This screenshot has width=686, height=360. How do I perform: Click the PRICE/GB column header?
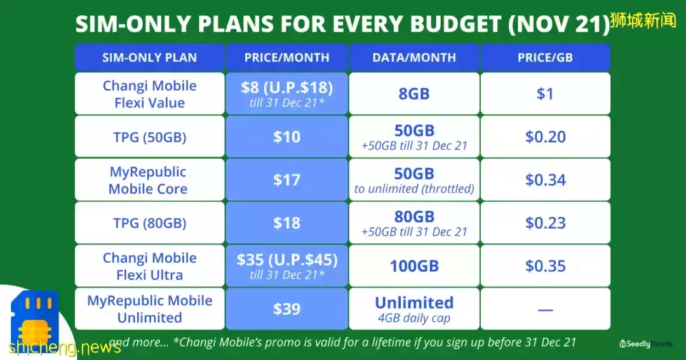pyautogui.click(x=545, y=57)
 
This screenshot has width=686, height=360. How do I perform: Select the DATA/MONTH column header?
pyautogui.click(x=414, y=57)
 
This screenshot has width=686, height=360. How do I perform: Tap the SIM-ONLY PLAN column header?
pyautogui.click(x=150, y=57)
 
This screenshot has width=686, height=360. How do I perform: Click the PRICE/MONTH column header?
pyautogui.click(x=286, y=57)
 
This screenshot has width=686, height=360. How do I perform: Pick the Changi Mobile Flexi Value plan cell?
pyautogui.click(x=150, y=94)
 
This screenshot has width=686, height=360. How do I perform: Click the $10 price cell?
pyautogui.click(x=286, y=137)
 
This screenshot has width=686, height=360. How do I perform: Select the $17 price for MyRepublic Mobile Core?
pyautogui.click(x=286, y=180)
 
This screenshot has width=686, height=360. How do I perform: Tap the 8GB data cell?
pyautogui.click(x=414, y=94)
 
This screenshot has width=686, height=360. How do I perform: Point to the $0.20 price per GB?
pyautogui.click(x=545, y=137)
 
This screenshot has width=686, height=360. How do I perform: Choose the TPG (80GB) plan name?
pyautogui.click(x=150, y=223)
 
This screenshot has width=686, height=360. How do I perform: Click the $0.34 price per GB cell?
pyautogui.click(x=545, y=180)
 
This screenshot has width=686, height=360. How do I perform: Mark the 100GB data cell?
pyautogui.click(x=414, y=266)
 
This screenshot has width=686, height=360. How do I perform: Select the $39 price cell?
pyautogui.click(x=286, y=309)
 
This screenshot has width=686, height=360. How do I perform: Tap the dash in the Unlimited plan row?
pyautogui.click(x=545, y=310)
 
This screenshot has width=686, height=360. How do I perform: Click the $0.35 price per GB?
pyautogui.click(x=545, y=266)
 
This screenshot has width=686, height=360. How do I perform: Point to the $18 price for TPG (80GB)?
pyautogui.click(x=286, y=223)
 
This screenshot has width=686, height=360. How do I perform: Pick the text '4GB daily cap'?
pyautogui.click(x=414, y=318)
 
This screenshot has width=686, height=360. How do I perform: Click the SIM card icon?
pyautogui.click(x=35, y=319)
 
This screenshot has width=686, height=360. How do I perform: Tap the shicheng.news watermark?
pyautogui.click(x=64, y=347)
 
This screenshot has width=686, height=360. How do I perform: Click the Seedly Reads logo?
pyautogui.click(x=646, y=344)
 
